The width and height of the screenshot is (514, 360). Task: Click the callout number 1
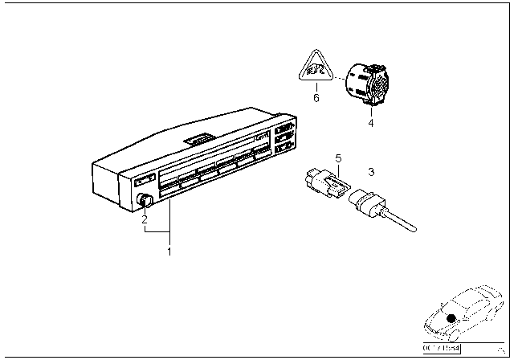[x=169, y=252]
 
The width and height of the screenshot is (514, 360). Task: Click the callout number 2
[x=145, y=218]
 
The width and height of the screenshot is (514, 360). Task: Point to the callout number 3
[x=371, y=172]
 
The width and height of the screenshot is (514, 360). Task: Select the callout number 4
[x=370, y=123]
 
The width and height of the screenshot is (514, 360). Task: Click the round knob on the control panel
[x=145, y=201]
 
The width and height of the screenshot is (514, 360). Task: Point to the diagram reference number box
[x=441, y=347]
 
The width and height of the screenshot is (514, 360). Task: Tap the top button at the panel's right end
[x=284, y=129]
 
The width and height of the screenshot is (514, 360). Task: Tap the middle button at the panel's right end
[x=284, y=138]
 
